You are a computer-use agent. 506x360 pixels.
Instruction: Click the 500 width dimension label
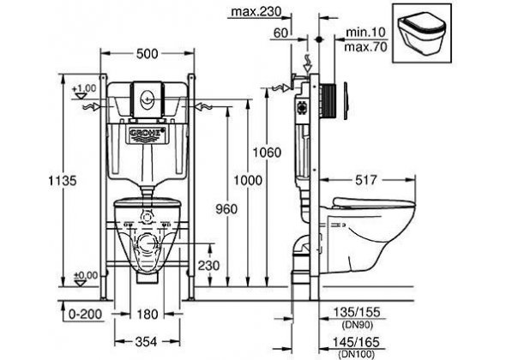click(148, 54)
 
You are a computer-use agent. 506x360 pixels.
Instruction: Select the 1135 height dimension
click(63, 180)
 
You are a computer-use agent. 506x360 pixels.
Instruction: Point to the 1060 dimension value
click(267, 152)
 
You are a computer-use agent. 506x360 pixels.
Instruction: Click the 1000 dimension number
click(248, 180)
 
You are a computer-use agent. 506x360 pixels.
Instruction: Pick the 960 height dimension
click(226, 209)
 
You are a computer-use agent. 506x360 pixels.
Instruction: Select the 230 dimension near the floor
click(208, 266)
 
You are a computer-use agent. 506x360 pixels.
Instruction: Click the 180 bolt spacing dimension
click(148, 314)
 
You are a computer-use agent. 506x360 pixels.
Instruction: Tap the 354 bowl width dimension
click(146, 342)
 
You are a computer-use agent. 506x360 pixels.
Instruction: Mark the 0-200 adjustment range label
click(85, 314)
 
